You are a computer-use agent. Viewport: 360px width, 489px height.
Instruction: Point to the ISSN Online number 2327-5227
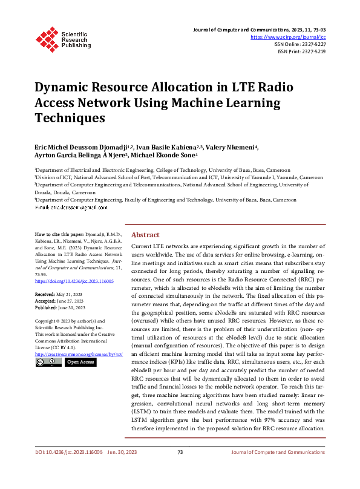pos(312,44)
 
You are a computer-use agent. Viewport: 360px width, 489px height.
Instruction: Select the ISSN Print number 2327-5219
pos(312,51)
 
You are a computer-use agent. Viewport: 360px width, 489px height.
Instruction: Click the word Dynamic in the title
pos(64,87)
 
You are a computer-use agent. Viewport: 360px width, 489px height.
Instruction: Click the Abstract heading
pos(145,235)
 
